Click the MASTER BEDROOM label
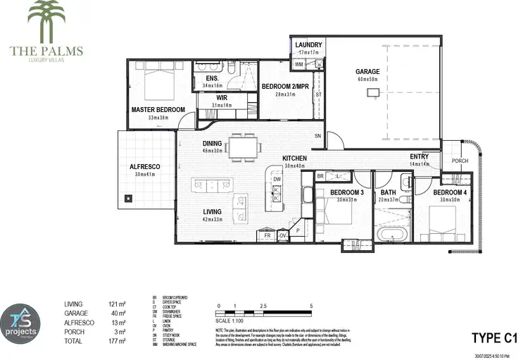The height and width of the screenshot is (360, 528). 158,110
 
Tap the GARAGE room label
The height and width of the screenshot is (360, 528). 367,72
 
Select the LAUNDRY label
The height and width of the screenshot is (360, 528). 308,45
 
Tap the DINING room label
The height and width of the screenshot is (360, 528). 212,142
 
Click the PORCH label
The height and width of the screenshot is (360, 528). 460,161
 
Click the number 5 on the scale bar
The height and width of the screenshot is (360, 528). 311,306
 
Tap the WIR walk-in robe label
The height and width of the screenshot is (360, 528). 221,98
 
